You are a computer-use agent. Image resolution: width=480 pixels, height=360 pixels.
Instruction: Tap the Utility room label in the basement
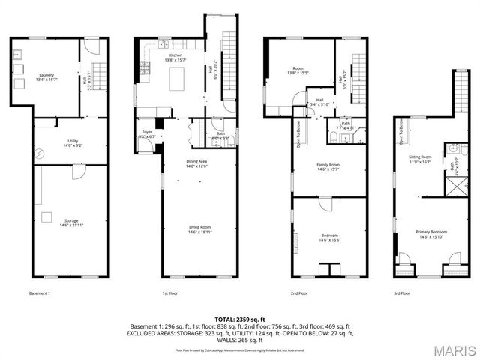pyautogui.click(x=72, y=142)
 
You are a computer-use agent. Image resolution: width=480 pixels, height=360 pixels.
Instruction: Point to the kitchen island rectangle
pyautogui.click(x=178, y=78)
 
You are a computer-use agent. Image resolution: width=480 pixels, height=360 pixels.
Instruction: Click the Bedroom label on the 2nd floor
pyautogui.click(x=330, y=238)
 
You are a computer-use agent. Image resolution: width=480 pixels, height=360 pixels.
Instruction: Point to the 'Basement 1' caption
pyautogui.click(x=39, y=293)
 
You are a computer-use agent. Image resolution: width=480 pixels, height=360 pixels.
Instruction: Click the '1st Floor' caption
pyautogui.click(x=169, y=293)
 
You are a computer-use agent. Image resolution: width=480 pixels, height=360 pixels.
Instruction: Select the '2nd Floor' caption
pyautogui.click(x=298, y=293)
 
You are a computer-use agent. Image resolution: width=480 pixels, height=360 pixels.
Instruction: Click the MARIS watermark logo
pyautogui.click(x=453, y=349)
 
